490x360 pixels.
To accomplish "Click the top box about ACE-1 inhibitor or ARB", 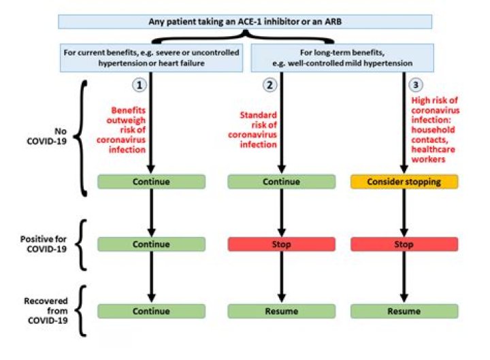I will click(x=246, y=21).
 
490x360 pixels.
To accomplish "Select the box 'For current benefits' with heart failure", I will click(x=152, y=57).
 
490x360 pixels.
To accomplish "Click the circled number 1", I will click(x=139, y=86).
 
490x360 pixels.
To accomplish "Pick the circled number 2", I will click(x=269, y=86).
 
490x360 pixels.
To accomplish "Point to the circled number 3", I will click(x=414, y=86).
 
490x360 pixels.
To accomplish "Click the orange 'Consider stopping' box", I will click(x=404, y=182).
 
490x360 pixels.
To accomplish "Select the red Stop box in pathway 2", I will click(x=281, y=244).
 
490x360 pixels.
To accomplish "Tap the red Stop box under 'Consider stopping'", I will click(x=404, y=244).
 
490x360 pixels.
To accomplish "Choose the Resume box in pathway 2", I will click(x=281, y=311).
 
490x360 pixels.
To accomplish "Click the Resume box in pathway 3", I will click(x=404, y=311).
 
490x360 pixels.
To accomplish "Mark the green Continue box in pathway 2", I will click(x=281, y=182).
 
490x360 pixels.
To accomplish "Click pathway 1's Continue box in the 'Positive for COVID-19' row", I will click(x=151, y=244).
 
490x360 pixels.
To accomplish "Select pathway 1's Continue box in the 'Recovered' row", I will click(x=151, y=311).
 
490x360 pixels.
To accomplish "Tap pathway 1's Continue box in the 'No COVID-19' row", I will click(x=151, y=182).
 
